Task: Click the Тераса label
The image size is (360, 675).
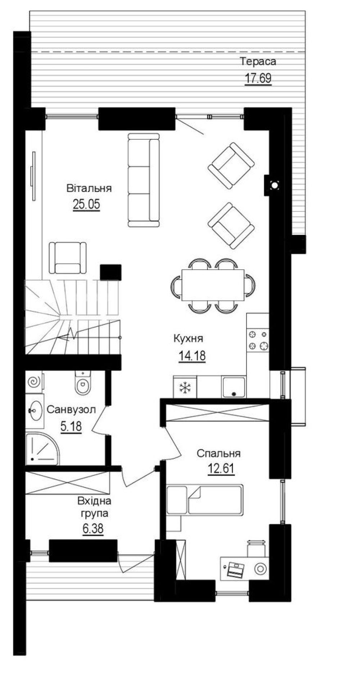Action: point(258,61)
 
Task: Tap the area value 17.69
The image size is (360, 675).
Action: point(258,78)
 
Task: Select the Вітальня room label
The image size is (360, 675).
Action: point(89,188)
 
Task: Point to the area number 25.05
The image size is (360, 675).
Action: point(86,204)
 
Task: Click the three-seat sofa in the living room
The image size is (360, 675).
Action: point(143,180)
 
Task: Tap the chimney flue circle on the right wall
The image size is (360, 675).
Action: point(275,186)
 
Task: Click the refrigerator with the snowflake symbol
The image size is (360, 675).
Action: point(185,387)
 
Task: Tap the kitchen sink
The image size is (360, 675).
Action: point(234,387)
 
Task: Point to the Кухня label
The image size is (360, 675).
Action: point(189,339)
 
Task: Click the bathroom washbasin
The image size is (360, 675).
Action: point(35,411)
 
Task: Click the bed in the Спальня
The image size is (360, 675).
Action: point(205,500)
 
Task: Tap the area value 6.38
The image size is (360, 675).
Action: point(93,528)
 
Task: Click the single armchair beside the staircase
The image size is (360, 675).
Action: point(68,258)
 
